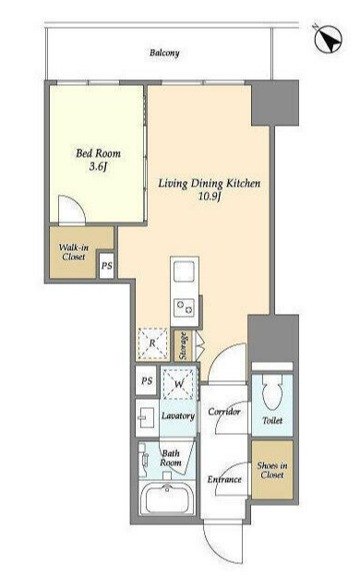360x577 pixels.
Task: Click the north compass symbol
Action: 328,39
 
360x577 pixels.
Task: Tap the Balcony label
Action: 164,53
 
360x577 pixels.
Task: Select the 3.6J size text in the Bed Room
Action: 98,167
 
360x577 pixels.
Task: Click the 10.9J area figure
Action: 210,196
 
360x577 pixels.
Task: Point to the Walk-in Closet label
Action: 74,252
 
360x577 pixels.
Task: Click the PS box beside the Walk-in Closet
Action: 107,265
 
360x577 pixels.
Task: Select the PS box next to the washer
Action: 147,380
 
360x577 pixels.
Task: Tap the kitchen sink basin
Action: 184,270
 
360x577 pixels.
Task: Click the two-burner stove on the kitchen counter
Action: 184,307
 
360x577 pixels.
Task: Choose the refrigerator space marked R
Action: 152,343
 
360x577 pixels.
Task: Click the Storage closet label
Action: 183,346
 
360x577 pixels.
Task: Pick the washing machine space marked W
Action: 178,384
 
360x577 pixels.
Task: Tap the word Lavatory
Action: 178,415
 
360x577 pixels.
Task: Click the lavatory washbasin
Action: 146,418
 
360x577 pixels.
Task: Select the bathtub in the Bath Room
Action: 167,499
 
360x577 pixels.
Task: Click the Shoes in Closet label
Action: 272,470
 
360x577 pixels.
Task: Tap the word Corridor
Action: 224,411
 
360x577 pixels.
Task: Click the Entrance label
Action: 224,479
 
